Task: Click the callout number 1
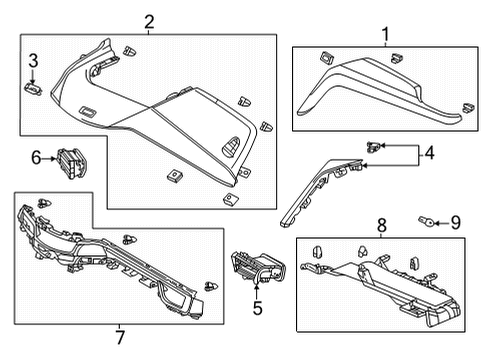384,36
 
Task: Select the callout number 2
149,21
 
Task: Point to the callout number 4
429,154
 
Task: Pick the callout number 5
257,309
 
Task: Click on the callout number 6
36,157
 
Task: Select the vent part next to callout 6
71,161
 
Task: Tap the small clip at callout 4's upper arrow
373,146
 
